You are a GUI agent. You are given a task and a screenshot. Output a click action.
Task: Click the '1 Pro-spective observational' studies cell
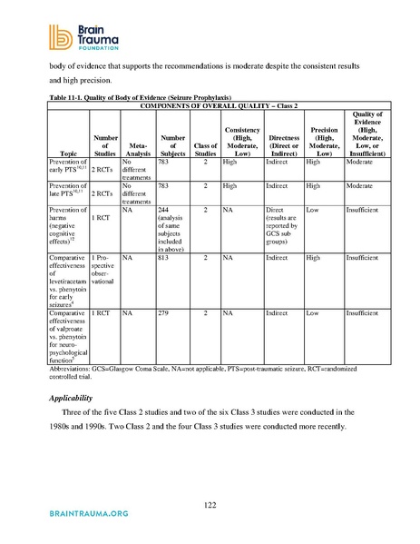(x=101, y=269)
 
